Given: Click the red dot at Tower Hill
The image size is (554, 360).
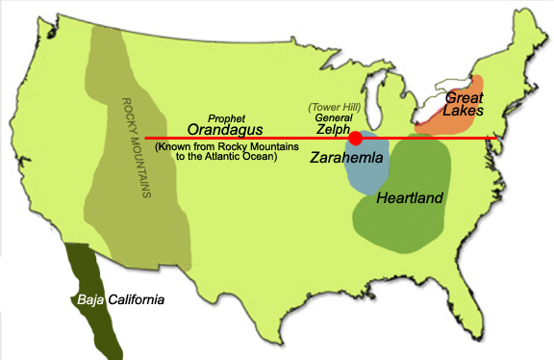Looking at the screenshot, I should click(355, 138).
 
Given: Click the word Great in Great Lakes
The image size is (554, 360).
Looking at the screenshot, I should click(468, 97).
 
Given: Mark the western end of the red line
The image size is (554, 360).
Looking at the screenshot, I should click(147, 139).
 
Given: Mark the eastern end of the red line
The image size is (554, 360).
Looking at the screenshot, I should click(506, 139).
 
